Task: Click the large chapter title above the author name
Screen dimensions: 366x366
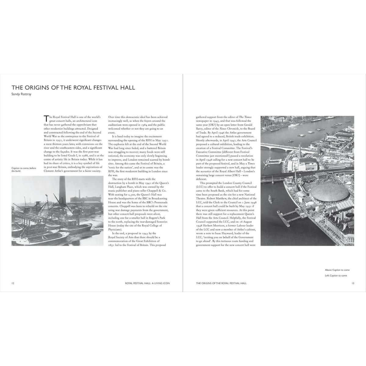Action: point(73,88)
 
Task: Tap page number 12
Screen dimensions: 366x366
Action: point(13,283)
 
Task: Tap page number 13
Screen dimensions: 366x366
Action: point(353,283)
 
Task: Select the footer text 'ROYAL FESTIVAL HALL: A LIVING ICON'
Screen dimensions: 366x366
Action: point(147,283)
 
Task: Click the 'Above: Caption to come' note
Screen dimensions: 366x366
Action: point(337,270)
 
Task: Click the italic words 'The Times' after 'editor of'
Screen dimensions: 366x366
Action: point(245,117)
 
